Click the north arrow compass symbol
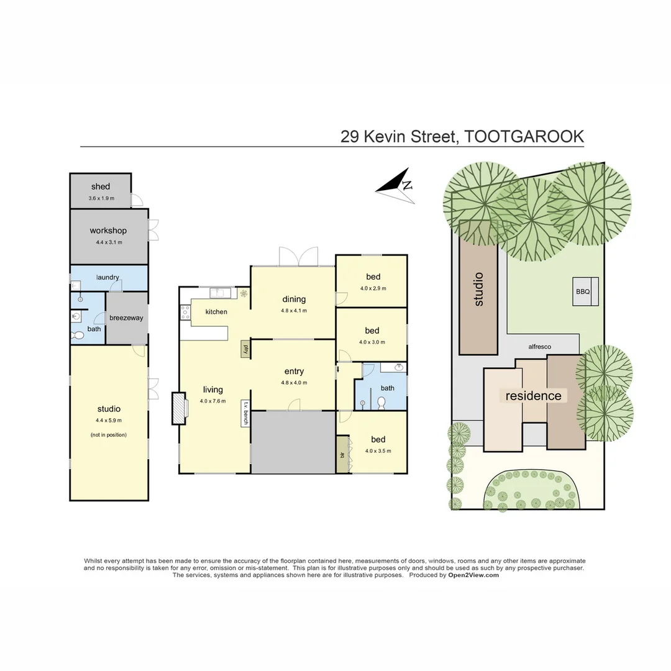396,185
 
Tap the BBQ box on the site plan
585,291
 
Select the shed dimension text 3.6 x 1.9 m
100,198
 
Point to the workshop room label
108,231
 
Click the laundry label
107,277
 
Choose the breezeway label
126,317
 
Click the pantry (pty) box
246,349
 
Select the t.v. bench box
246,413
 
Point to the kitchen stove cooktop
185,313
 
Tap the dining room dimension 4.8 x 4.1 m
294,311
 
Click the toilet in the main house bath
381,402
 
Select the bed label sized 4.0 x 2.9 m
373,276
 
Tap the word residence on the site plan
533,396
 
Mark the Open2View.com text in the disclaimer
473,575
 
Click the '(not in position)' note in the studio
108,434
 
